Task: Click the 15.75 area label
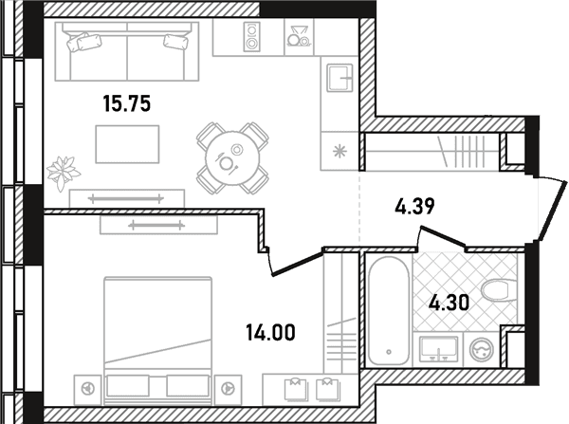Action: [127, 103]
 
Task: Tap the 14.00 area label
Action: [270, 333]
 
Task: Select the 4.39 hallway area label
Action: [414, 207]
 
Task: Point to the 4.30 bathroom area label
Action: [449, 304]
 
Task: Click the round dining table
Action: [232, 158]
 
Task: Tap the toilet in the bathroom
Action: [499, 290]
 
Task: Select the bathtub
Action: [389, 311]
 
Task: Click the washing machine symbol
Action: [482, 350]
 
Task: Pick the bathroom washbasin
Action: [438, 349]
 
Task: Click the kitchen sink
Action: [340, 78]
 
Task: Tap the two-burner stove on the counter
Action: [251, 37]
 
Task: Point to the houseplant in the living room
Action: [63, 174]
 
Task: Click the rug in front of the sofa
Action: [127, 144]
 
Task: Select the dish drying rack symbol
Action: [299, 36]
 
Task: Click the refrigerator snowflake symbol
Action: [340, 151]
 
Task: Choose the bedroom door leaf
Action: [297, 263]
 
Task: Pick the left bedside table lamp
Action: [88, 389]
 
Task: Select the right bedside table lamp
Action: [228, 389]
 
